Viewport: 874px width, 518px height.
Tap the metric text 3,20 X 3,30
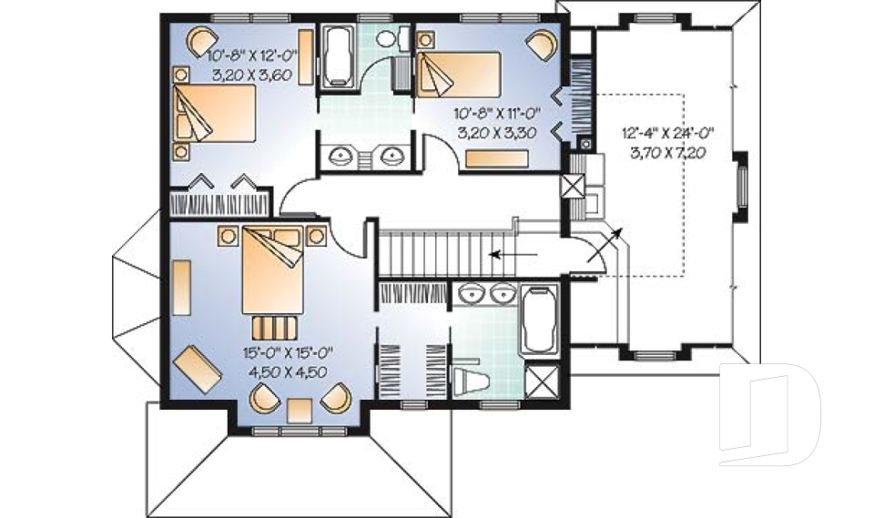click(x=497, y=132)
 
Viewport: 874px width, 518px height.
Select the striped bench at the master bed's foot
click(x=271, y=325)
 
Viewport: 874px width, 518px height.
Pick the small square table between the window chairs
click(x=300, y=411)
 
